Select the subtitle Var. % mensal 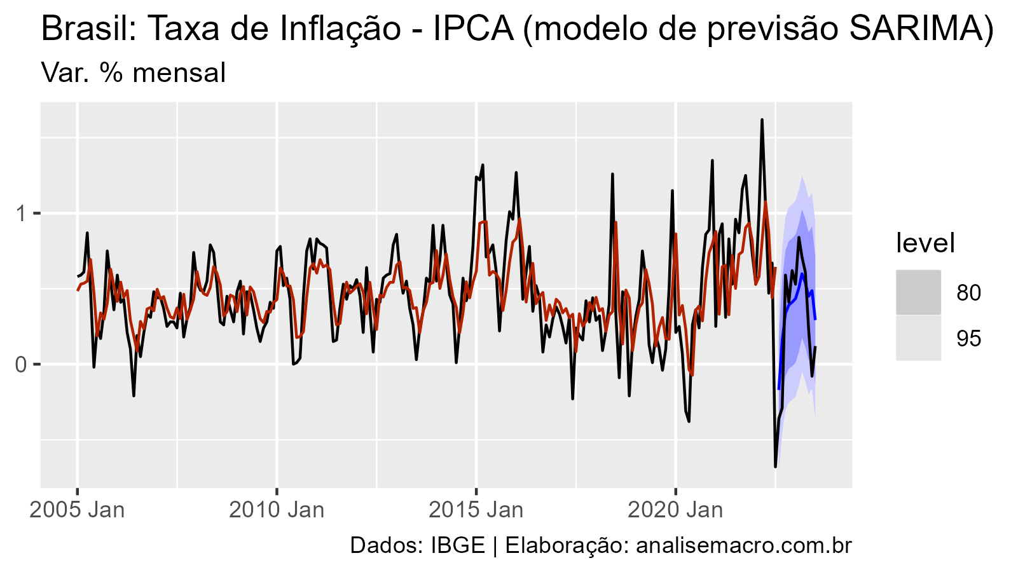click(133, 73)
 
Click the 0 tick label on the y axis click(20, 364)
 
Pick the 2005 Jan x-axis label click(77, 510)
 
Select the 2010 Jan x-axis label click(277, 510)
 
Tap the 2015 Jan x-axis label click(476, 510)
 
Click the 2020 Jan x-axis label click(675, 510)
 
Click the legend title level click(925, 243)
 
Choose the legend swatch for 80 click(918, 292)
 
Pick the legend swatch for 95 click(918, 338)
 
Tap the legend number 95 click(968, 339)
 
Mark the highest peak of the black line click(762, 119)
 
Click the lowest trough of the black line click(775, 466)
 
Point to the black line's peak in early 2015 click(483, 165)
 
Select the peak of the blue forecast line click(802, 274)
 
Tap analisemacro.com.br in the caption click(743, 545)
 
